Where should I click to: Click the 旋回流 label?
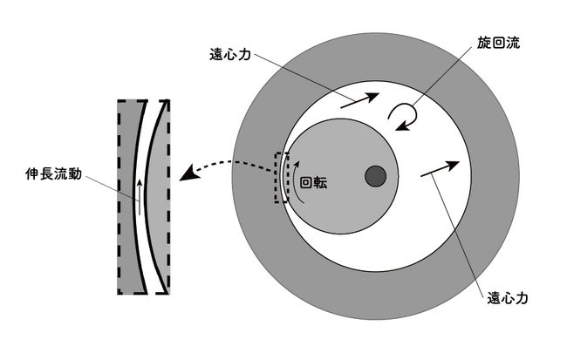click(x=498, y=43)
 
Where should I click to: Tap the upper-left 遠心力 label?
click(x=230, y=54)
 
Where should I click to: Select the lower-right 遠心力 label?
click(x=508, y=298)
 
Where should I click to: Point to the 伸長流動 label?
click(x=53, y=173)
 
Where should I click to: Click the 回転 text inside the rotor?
click(x=313, y=183)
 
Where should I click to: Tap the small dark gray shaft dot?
click(x=375, y=176)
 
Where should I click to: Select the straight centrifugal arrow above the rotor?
click(x=359, y=100)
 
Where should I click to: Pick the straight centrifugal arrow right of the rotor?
click(x=440, y=169)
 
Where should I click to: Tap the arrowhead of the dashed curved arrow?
click(x=188, y=173)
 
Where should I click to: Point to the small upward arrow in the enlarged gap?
click(x=140, y=197)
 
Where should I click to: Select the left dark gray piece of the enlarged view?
click(x=128, y=197)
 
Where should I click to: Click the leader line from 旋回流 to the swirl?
click(x=443, y=77)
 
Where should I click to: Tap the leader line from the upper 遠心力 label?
click(x=303, y=77)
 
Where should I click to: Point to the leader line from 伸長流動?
click(x=111, y=187)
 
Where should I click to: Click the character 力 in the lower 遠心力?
click(x=522, y=298)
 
